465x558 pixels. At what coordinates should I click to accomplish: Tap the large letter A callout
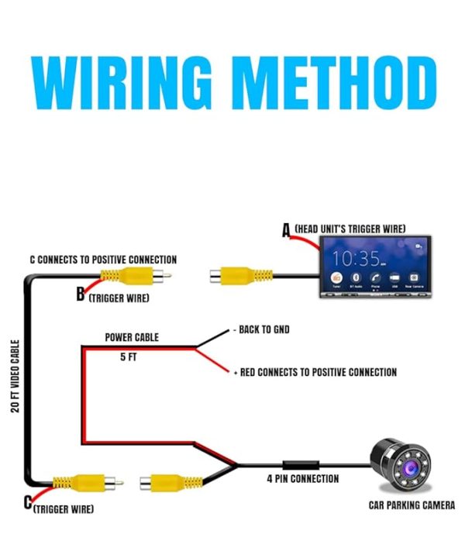pyautogui.click(x=286, y=230)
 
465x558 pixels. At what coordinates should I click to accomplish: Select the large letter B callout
pyautogui.click(x=81, y=295)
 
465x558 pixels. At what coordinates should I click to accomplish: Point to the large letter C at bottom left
pyautogui.click(x=28, y=505)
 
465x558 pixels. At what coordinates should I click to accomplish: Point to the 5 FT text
pyautogui.click(x=129, y=358)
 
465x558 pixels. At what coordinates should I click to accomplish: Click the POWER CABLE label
pyautogui.click(x=132, y=338)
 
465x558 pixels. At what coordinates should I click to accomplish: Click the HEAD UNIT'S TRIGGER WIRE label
pyautogui.click(x=350, y=228)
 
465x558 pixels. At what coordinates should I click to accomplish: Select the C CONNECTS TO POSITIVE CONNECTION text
pyautogui.click(x=103, y=260)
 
